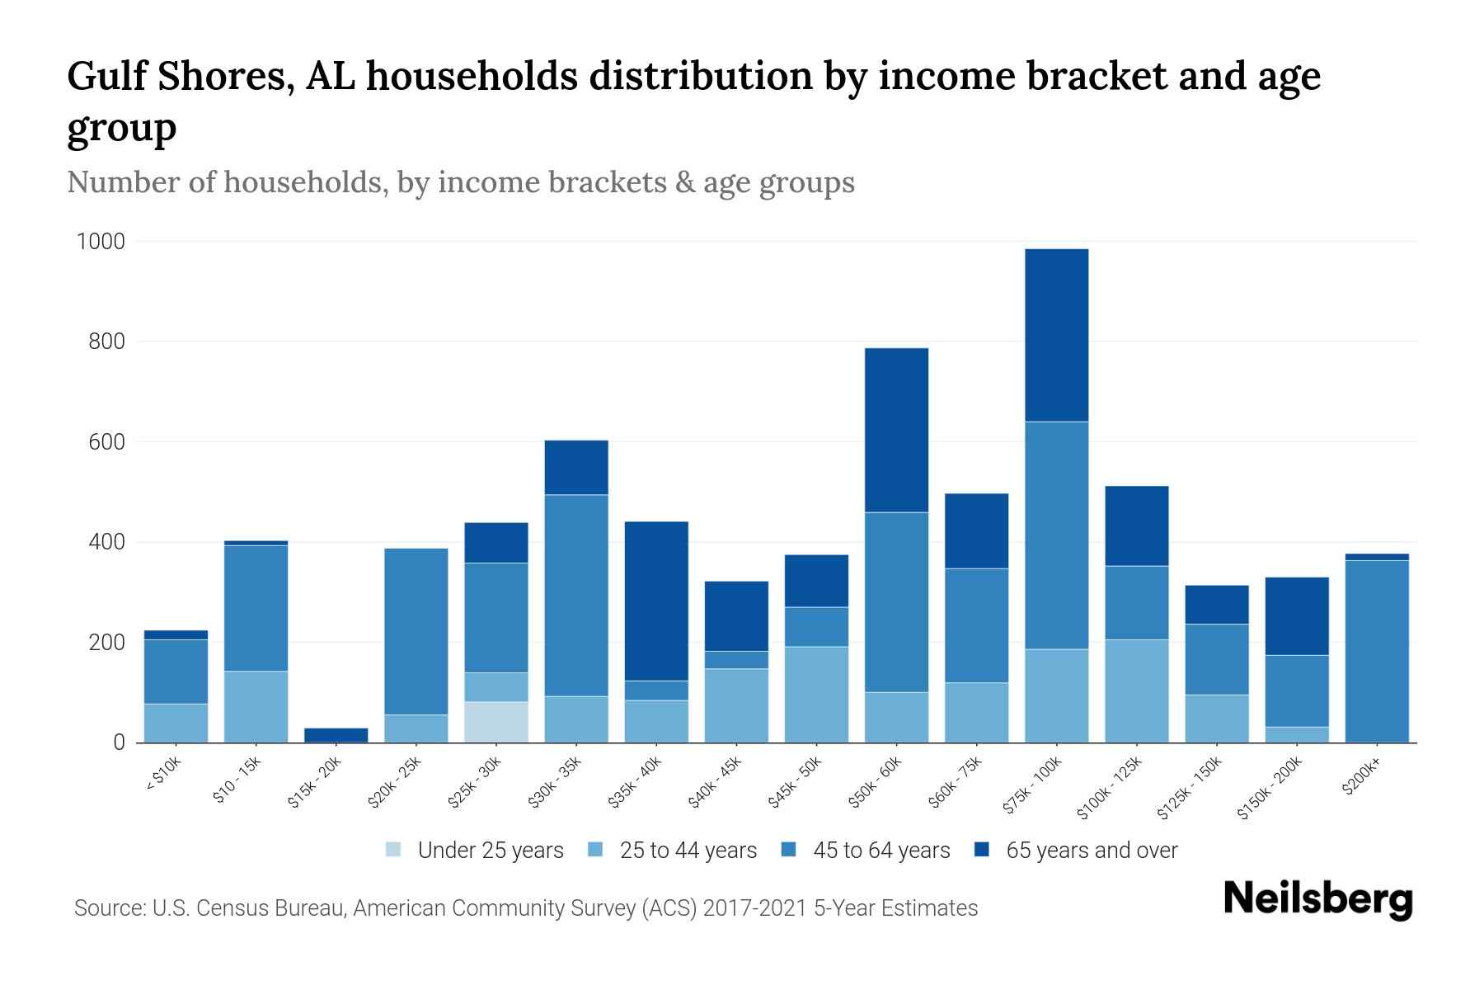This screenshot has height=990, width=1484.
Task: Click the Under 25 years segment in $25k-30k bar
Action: [x=496, y=722]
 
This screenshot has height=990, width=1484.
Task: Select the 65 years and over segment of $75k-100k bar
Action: [x=1056, y=335]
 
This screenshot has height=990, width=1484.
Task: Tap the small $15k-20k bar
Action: [x=336, y=734]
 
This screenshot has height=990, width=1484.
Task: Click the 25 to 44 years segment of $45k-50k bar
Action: [x=816, y=694]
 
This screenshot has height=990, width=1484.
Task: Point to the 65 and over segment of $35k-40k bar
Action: [x=656, y=601]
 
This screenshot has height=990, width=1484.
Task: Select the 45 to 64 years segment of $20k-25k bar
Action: [x=416, y=631]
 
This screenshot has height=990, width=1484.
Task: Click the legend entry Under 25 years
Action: [x=490, y=851]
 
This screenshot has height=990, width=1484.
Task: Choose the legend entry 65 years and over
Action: [x=1091, y=851]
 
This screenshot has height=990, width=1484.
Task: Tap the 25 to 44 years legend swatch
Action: [x=595, y=850]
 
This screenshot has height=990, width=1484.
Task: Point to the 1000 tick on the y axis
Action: [x=101, y=242]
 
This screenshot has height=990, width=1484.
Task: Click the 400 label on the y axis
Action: [x=106, y=542]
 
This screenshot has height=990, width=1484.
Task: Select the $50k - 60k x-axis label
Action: [x=876, y=781]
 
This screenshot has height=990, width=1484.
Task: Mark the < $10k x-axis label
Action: [x=162, y=775]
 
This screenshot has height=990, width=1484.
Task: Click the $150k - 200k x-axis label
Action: [x=1270, y=789]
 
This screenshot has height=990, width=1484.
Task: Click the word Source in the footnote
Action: [x=108, y=908]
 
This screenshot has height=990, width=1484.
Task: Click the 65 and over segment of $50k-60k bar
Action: [x=896, y=430]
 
